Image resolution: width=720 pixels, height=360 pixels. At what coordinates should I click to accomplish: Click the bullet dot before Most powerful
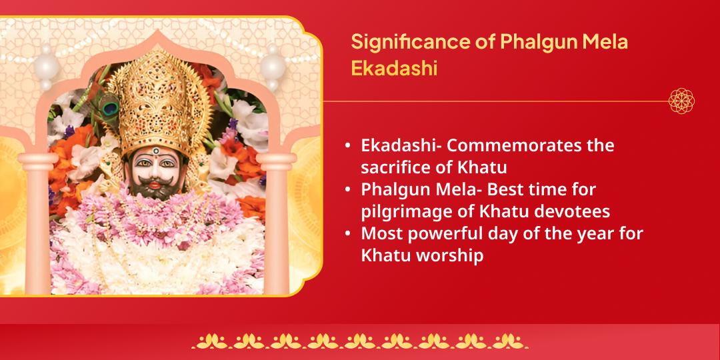[348, 235]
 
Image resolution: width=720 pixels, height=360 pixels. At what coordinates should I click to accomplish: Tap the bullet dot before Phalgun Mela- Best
[348, 190]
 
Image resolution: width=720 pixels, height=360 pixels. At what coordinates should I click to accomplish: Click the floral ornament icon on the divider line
[681, 101]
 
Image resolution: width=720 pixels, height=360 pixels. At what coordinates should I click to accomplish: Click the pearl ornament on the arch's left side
[46, 67]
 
